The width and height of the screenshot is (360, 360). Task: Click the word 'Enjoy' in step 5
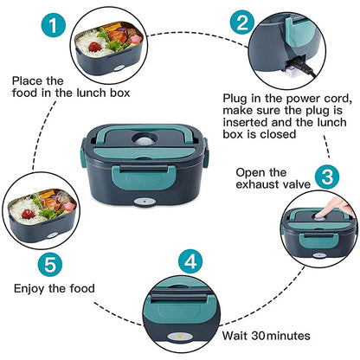click(x=29, y=288)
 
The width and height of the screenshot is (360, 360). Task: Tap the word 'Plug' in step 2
click(x=236, y=98)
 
